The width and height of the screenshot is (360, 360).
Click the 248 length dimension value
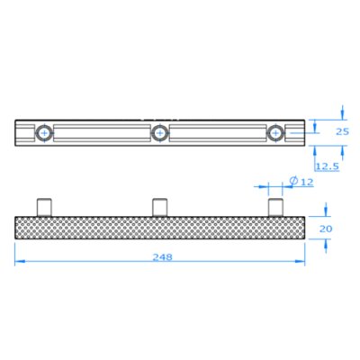(x=163, y=256)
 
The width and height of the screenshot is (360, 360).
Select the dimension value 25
(x=342, y=131)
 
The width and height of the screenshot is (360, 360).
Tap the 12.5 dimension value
(x=327, y=166)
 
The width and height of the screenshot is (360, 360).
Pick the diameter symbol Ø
(x=292, y=184)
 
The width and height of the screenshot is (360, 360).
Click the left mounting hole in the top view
(x=44, y=133)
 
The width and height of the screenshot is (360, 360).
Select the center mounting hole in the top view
(x=159, y=133)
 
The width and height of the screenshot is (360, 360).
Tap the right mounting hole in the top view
(x=274, y=133)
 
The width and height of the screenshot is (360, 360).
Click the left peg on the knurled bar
(x=44, y=206)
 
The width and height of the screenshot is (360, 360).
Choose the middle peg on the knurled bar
(x=159, y=206)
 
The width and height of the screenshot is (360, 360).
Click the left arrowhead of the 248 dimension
(x=18, y=263)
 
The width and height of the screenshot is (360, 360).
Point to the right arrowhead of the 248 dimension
(x=301, y=263)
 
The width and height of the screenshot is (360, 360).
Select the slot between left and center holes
(x=102, y=133)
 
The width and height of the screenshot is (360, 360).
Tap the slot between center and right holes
(x=217, y=133)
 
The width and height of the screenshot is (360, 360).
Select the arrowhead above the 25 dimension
(x=342, y=116)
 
